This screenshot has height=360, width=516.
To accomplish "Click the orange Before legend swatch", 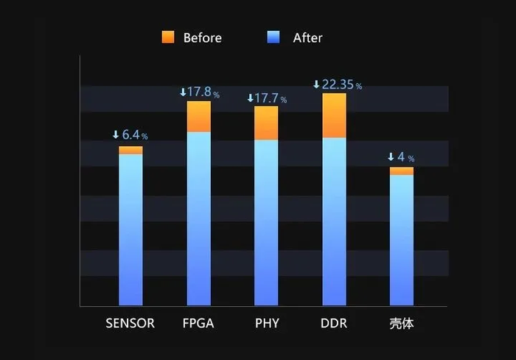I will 168,37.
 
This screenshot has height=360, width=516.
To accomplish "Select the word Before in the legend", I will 202,38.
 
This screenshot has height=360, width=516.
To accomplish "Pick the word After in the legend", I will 307,38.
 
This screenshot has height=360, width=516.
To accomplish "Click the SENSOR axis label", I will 130,323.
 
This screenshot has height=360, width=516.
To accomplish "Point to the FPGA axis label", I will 198,323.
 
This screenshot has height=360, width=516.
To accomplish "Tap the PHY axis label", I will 266,323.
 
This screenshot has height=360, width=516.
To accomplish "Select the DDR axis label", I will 334,323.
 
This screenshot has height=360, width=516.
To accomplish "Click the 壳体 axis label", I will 402,323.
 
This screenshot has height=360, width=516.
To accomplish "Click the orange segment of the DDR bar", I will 334,115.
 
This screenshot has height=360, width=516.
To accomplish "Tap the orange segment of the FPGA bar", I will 198,117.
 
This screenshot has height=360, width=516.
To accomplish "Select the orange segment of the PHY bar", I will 266,122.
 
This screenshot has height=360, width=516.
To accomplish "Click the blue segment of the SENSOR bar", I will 130,229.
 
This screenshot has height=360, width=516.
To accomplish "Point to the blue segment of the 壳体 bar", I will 402,240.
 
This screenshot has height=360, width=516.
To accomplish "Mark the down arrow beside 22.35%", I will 316,85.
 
